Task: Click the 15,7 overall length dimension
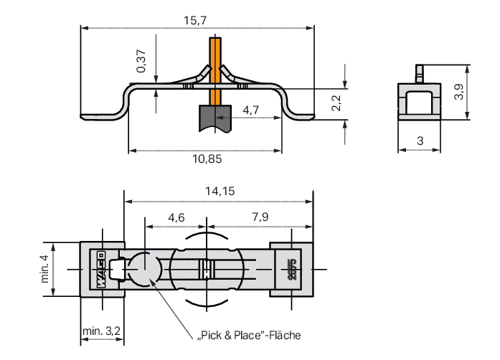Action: click(195, 20)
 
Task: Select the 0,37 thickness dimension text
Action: click(141, 61)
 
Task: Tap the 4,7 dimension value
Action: click(250, 110)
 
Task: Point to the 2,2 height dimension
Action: click(336, 103)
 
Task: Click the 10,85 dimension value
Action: click(207, 158)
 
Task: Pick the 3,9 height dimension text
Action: click(458, 92)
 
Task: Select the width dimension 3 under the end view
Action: click(420, 141)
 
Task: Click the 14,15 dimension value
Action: click(220, 191)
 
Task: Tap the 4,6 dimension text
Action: click(176, 217)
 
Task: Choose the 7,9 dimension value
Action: click(260, 217)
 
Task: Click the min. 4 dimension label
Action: click(45, 268)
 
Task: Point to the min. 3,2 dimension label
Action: click(101, 331)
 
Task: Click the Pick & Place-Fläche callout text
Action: click(250, 336)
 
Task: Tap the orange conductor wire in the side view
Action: click(215, 71)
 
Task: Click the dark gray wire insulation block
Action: click(215, 118)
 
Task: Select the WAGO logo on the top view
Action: click(101, 270)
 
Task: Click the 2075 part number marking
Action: click(292, 270)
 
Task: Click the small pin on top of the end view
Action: click(420, 74)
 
